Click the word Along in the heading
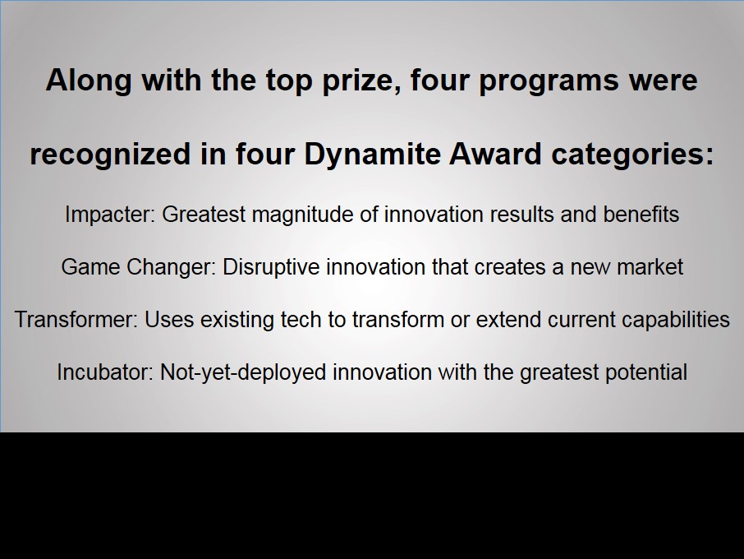[x=88, y=80]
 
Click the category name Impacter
[x=109, y=215]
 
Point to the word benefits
[x=641, y=215]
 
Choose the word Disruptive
[x=271, y=267]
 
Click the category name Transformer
[x=76, y=320]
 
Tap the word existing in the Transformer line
[x=237, y=320]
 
